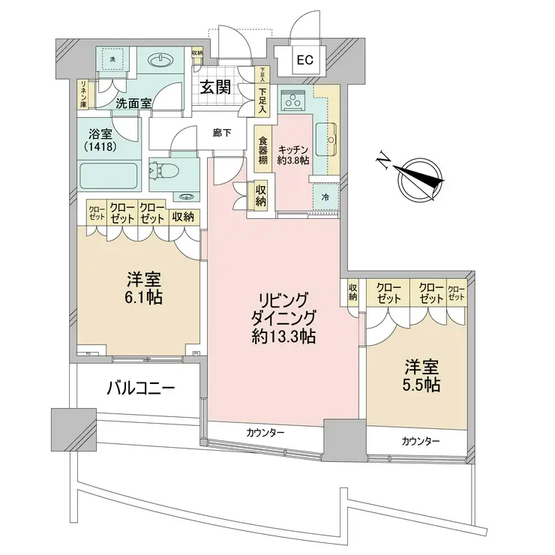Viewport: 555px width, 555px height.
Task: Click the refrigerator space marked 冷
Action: pos(325,196)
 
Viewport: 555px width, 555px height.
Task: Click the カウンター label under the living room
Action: pos(264,433)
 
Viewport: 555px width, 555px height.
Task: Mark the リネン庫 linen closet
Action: pos(84,94)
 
